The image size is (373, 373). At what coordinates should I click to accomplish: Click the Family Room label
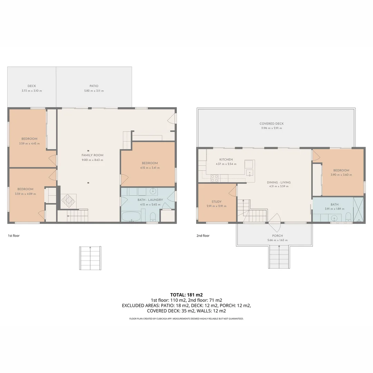[92, 155]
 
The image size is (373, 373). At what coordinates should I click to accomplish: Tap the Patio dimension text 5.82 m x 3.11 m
[94, 90]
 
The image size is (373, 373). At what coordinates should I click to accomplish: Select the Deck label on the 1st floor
[32, 86]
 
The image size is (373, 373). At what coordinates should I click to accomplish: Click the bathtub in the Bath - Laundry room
[131, 217]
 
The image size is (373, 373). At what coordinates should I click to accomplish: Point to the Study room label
[217, 201]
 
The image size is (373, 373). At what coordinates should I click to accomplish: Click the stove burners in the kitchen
[214, 178]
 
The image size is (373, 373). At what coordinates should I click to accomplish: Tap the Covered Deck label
[272, 123]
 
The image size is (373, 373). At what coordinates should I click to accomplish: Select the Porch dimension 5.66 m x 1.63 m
[277, 240]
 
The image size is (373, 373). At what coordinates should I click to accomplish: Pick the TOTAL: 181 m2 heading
[186, 295]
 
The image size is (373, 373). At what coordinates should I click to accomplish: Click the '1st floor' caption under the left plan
[14, 236]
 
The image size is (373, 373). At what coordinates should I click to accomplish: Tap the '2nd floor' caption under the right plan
[203, 236]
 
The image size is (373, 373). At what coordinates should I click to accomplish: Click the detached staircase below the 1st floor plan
[90, 258]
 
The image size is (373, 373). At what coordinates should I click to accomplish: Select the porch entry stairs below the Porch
[279, 257]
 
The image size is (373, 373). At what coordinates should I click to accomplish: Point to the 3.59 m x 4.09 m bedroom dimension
[26, 194]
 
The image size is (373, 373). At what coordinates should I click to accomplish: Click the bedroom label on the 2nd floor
[341, 170]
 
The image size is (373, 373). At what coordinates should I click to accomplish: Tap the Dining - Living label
[279, 182]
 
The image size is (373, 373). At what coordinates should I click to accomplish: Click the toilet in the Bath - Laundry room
[153, 217]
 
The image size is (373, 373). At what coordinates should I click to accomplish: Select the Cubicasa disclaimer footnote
[186, 318]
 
